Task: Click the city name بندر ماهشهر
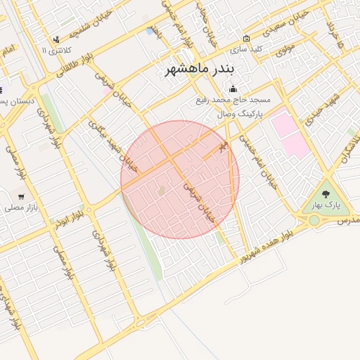tap(201, 70)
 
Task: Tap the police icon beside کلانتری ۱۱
tap(56, 39)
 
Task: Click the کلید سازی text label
tap(247, 49)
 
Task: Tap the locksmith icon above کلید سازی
tap(246, 38)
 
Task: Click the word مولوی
tap(284, 49)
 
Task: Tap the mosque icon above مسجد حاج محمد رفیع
tap(233, 89)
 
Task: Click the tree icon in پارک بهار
tap(326, 193)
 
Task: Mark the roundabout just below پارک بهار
tap(314, 221)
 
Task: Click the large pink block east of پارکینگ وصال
tap(290, 134)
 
